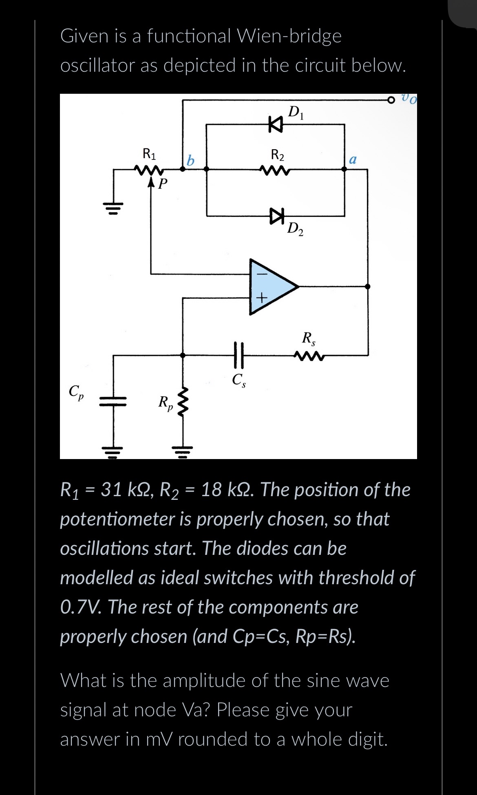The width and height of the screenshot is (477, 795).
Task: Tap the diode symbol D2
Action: [x=276, y=215]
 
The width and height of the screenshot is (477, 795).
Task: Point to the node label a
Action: [x=353, y=159]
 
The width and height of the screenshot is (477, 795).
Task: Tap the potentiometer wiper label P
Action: [x=162, y=184]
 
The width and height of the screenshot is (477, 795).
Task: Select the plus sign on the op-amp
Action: [x=261, y=298]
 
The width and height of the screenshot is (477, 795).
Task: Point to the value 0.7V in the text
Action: [x=78, y=607]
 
